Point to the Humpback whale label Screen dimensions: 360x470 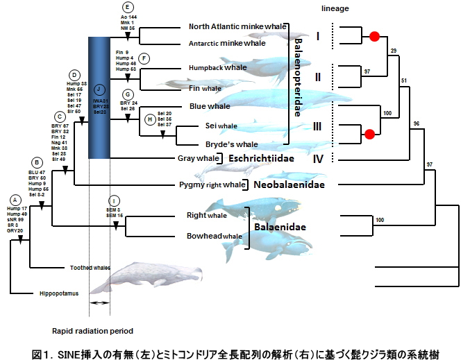pyautogui.click(x=217, y=68)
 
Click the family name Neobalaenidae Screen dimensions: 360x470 pyautogui.click(x=287, y=185)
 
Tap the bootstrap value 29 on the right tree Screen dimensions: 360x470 pyautogui.click(x=394, y=51)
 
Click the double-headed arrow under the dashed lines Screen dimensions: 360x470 pyautogui.click(x=101, y=304)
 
